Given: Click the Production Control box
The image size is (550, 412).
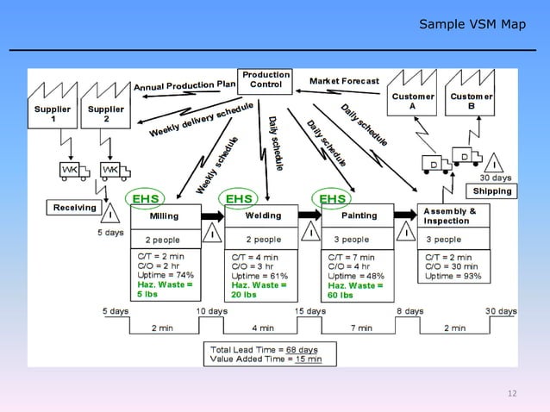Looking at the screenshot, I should (x=266, y=80).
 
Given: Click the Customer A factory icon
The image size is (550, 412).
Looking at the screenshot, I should (x=413, y=94).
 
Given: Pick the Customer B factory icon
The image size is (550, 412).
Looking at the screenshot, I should (x=471, y=94).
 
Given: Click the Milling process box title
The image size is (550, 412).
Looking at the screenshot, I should (x=165, y=215).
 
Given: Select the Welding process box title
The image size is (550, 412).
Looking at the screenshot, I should (x=263, y=215).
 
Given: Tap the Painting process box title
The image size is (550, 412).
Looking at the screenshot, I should (x=359, y=215).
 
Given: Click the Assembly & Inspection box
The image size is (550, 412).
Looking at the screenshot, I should (x=454, y=215).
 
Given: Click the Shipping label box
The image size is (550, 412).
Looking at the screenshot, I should (x=492, y=190).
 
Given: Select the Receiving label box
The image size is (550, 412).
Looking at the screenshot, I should (x=75, y=208).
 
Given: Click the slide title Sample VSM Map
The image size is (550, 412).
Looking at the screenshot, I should (x=472, y=23).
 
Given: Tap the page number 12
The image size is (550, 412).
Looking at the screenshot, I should (x=512, y=394).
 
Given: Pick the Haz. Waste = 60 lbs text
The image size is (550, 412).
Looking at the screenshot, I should (x=356, y=290).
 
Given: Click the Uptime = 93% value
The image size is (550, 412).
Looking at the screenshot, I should (x=453, y=276).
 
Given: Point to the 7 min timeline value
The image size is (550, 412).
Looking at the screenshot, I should (x=360, y=328).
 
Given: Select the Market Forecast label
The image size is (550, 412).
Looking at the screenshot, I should (x=344, y=81).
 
